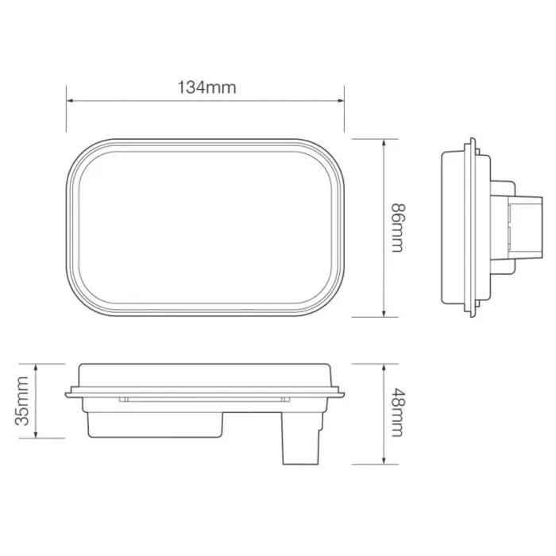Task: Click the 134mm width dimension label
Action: point(206,87)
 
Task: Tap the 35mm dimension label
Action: point(24,401)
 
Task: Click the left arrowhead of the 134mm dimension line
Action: point(70,101)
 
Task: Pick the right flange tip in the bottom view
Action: point(342,392)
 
